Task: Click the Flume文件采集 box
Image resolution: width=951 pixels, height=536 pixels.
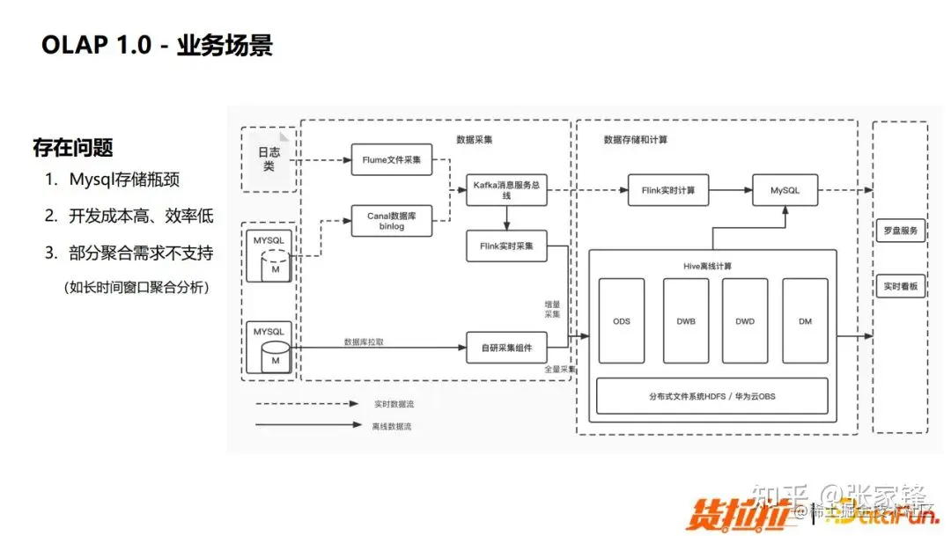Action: click(392, 160)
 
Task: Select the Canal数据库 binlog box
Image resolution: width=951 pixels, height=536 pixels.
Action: click(392, 220)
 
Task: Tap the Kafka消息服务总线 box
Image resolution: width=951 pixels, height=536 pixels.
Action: click(506, 190)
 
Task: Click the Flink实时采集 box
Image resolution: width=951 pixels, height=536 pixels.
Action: click(506, 246)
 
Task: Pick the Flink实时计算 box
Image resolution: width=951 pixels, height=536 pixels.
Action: click(668, 190)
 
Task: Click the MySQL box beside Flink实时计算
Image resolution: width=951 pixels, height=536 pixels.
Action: click(785, 190)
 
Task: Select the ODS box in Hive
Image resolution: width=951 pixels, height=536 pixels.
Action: click(622, 321)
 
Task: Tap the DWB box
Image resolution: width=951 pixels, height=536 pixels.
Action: click(686, 321)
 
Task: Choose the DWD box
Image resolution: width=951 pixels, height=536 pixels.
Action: click(745, 321)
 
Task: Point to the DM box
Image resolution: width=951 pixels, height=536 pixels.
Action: click(805, 321)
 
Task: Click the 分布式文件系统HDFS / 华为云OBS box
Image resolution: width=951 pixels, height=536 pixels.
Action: click(711, 396)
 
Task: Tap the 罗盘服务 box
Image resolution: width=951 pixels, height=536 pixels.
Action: click(900, 232)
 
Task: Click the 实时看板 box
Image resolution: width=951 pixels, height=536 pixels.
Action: click(900, 286)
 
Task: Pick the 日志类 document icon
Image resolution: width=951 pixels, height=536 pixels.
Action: click(268, 159)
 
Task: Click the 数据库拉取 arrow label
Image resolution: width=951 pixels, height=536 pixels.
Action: click(363, 341)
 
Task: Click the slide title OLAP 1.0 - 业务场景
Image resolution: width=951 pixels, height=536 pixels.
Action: click(158, 46)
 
